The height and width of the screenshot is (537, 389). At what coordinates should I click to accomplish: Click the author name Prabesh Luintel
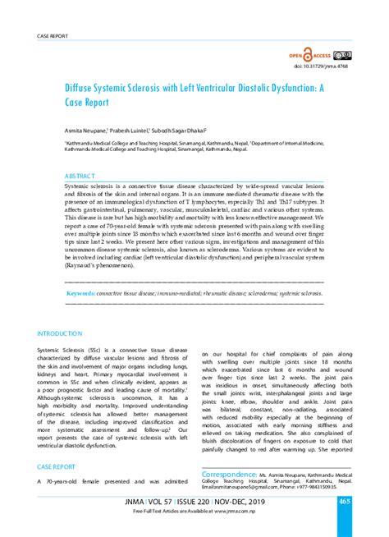(x=132, y=130)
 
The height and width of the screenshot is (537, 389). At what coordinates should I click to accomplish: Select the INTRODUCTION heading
(x=59, y=334)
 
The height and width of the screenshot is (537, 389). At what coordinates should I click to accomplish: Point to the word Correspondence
(x=233, y=474)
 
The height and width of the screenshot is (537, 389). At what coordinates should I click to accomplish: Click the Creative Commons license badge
(x=344, y=56)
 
